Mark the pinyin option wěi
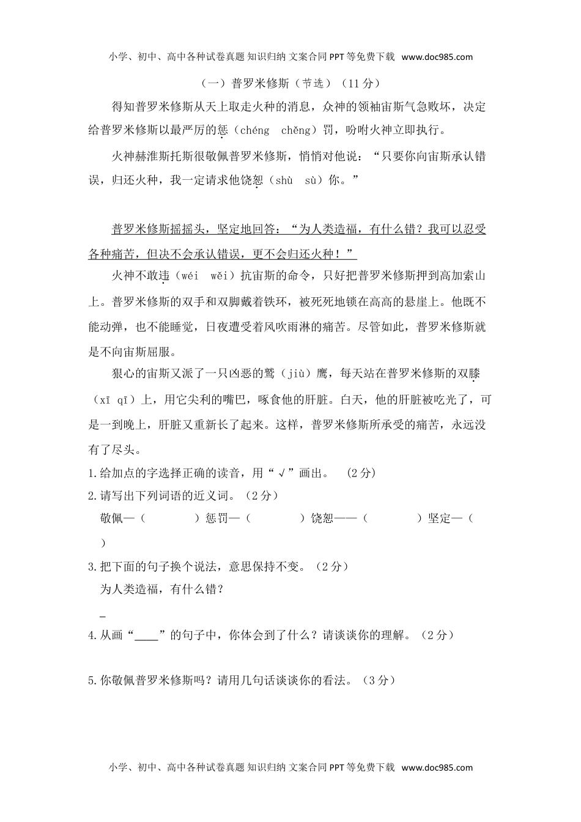tap(218, 276)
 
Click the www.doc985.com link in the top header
tap(437, 57)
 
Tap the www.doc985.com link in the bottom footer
tap(437, 768)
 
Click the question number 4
tap(91, 635)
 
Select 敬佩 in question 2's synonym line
tap(111, 519)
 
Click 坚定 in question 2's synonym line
tap(440, 519)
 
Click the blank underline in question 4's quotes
tap(146, 636)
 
